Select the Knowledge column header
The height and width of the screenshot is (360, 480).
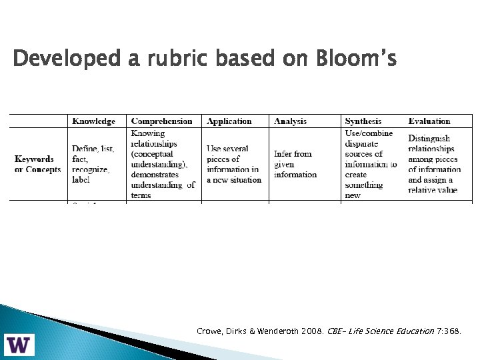(x=93, y=121)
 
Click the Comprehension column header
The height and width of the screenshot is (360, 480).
(x=162, y=121)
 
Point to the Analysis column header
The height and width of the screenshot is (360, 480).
(x=291, y=121)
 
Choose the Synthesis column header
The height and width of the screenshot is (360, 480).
(x=363, y=121)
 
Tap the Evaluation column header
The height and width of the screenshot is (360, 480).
(x=429, y=121)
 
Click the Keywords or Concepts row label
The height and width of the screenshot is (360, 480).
(x=37, y=164)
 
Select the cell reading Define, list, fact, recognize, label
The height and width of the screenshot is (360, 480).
(x=93, y=164)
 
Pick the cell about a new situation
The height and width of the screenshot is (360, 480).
(x=233, y=164)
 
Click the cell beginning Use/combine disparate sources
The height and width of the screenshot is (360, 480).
(x=371, y=164)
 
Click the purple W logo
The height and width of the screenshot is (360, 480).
(x=21, y=345)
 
